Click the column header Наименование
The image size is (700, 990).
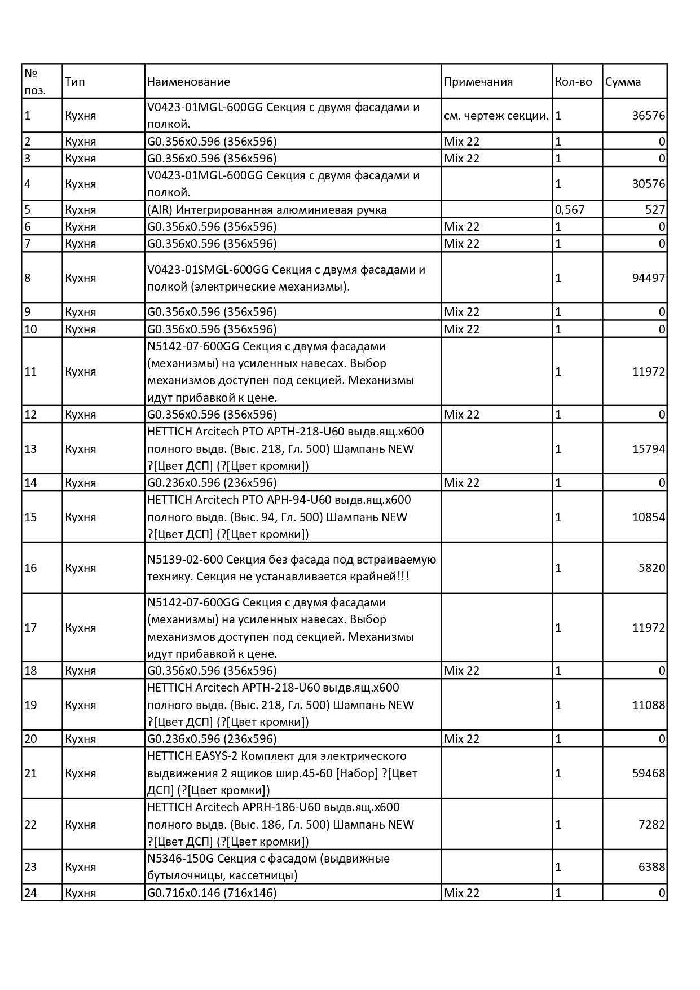click(188, 82)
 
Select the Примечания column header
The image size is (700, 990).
click(478, 82)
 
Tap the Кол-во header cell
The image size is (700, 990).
click(573, 82)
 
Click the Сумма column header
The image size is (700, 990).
click(623, 82)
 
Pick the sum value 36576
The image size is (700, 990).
click(649, 116)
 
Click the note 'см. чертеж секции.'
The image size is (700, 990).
click(496, 116)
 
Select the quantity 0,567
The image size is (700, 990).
click(570, 210)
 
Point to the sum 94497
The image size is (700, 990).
click(649, 278)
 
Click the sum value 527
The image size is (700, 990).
click(655, 210)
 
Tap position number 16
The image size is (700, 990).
click(30, 568)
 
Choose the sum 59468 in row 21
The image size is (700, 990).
click(649, 773)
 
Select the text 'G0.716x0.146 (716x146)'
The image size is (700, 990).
click(212, 893)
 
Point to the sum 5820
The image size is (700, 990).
click(652, 568)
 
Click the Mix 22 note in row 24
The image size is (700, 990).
click(461, 893)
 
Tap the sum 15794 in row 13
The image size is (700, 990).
click(649, 449)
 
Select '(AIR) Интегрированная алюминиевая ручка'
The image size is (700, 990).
click(267, 210)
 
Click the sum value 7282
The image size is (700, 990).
click(652, 825)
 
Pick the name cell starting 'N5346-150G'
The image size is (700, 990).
click(268, 867)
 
